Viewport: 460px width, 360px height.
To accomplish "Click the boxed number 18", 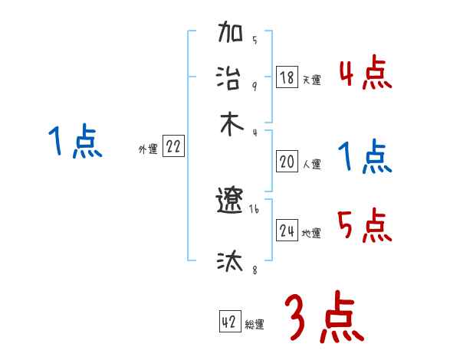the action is [287, 77].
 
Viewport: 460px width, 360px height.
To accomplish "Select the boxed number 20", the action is [287, 162].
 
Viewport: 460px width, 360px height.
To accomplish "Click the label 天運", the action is [311, 80].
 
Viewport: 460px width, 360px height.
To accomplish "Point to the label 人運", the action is [311, 164].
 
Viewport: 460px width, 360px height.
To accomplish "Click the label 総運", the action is [255, 325].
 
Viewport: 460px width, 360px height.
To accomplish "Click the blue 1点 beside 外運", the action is [74, 142].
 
